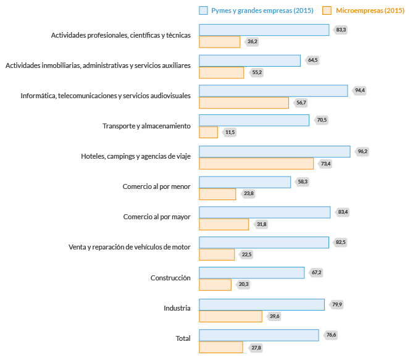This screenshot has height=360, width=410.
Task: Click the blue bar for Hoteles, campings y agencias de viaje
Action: pyautogui.click(x=274, y=151)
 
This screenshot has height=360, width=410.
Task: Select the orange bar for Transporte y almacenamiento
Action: pyautogui.click(x=208, y=132)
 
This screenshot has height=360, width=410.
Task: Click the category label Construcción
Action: pyautogui.click(x=170, y=278)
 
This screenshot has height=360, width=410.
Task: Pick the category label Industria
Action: pyautogui.click(x=177, y=308)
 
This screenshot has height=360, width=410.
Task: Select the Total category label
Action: pyautogui.click(x=183, y=338)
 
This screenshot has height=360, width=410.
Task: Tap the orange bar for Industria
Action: pyautogui.click(x=230, y=316)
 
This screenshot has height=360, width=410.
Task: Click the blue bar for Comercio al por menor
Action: pyautogui.click(x=245, y=182)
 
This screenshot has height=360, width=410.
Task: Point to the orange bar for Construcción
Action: pyautogui.click(x=215, y=285)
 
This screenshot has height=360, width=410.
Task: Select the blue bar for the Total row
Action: pyautogui.click(x=259, y=334)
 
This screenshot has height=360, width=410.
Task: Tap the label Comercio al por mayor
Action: pyautogui.click(x=157, y=217)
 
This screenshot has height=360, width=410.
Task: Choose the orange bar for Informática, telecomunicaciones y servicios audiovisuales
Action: pyautogui.click(x=244, y=103)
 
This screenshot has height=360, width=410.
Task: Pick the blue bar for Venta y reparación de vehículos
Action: pyautogui.click(x=264, y=242)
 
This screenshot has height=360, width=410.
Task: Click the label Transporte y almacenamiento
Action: pyautogui.click(x=146, y=126)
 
